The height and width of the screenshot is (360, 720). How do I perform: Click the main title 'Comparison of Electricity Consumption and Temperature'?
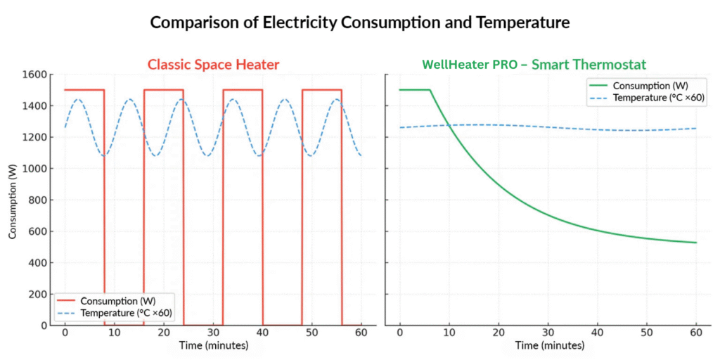(359, 22)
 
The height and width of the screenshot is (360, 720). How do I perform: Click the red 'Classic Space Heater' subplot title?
(212, 65)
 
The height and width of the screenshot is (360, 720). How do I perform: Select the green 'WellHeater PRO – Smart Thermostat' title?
(534, 65)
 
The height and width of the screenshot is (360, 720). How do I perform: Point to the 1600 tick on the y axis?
(35, 75)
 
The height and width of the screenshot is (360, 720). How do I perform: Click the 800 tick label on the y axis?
(38, 200)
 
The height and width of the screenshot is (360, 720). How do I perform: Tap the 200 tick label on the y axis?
(38, 294)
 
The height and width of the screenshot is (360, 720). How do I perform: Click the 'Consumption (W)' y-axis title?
(13, 200)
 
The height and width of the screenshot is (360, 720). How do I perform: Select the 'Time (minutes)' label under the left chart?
(212, 345)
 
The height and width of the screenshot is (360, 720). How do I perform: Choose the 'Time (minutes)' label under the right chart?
(549, 345)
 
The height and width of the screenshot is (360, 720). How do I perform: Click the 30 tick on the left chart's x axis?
(213, 332)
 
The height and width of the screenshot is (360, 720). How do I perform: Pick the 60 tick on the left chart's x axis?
(361, 332)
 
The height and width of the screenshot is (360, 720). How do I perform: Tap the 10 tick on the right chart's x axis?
(449, 332)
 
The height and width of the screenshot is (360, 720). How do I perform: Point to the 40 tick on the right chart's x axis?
(598, 332)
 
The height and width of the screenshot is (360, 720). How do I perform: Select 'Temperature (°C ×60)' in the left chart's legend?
(127, 312)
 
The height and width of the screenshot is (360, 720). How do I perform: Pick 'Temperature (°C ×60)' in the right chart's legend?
(658, 97)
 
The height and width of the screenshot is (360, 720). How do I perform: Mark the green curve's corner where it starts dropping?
(430, 90)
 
